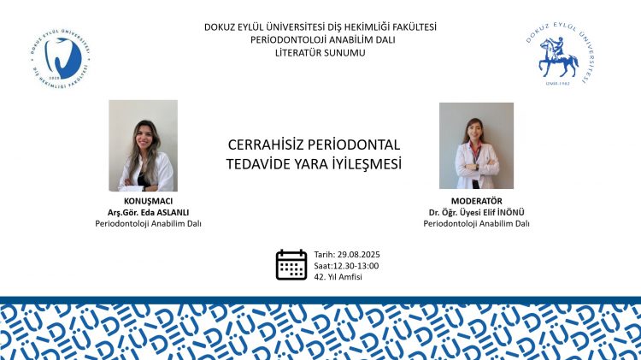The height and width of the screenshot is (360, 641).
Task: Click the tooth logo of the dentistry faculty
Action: click(61, 58)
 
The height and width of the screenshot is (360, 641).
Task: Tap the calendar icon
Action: click(291, 265)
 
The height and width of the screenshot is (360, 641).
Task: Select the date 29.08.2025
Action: click(358, 255)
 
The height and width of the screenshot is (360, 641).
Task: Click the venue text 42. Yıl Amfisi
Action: click(338, 277)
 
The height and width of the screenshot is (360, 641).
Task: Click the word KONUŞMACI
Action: click(149, 201)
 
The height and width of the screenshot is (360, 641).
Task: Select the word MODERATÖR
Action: click(476, 201)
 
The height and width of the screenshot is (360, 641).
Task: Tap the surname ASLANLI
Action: click(173, 212)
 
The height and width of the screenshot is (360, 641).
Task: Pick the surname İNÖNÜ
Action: click(511, 212)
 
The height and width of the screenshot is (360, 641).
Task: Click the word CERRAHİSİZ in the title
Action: click(265, 145)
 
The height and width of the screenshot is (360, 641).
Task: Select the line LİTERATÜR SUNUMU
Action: click(320, 53)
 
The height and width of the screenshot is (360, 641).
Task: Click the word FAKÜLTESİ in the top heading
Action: click(415, 27)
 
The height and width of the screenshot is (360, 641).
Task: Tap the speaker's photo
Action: click(143, 145)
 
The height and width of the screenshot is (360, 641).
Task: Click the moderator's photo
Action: click(476, 145)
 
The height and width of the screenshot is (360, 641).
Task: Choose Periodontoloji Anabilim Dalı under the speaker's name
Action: click(149, 224)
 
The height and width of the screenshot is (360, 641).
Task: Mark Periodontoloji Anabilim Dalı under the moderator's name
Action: click(476, 224)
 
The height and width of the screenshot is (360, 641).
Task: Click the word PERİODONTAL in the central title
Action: click(353, 145)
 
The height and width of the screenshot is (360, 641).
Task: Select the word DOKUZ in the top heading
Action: click(218, 27)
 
